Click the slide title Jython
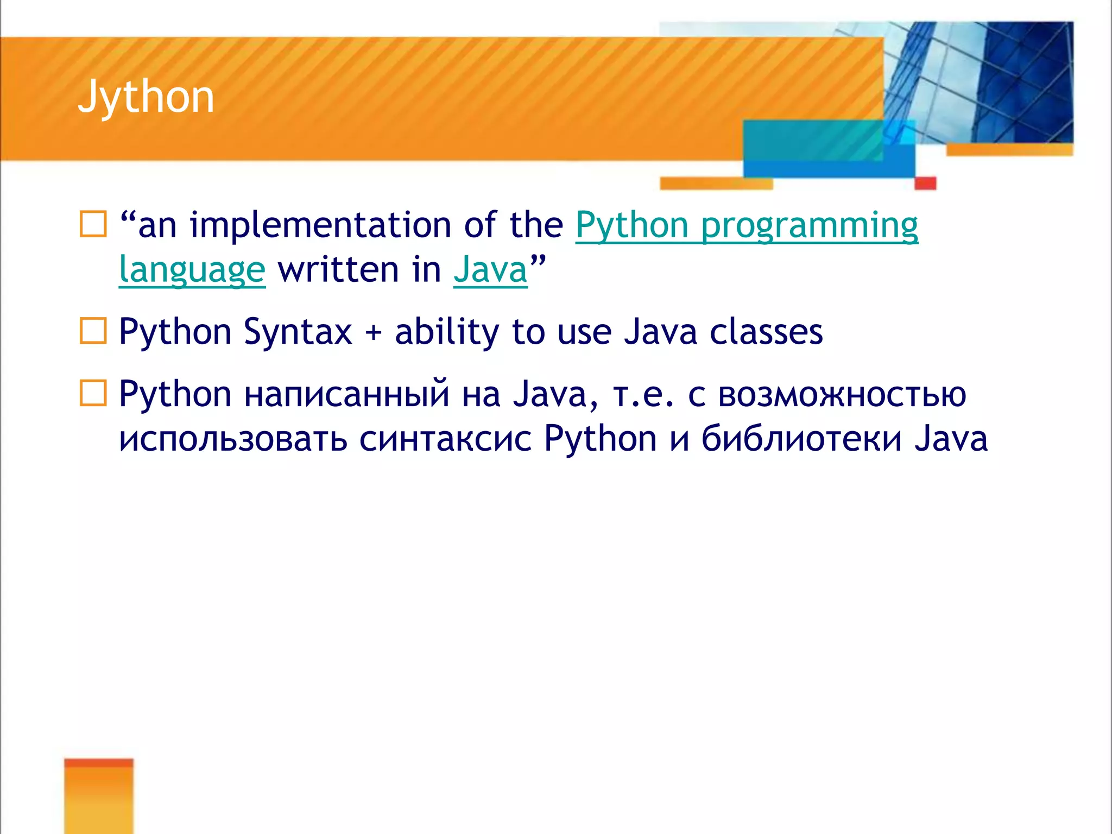[x=146, y=97]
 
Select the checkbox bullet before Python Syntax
[x=93, y=331]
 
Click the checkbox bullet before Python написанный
[x=93, y=393]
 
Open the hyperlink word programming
[x=809, y=225]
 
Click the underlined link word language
[x=192, y=270]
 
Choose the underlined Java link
[x=490, y=270]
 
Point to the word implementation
[x=320, y=225]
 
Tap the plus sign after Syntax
[x=373, y=332]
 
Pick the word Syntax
[x=298, y=332]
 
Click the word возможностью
[x=842, y=394]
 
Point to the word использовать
[x=233, y=439]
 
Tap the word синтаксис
[x=445, y=439]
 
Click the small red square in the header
[x=925, y=183]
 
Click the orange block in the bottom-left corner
[x=98, y=796]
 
